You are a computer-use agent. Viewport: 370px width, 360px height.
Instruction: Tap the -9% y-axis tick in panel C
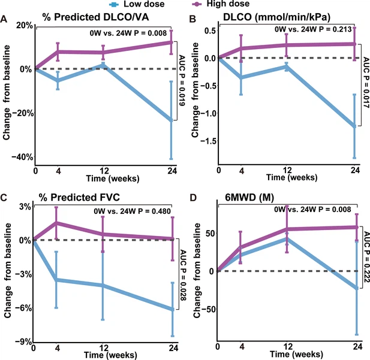point(24,342)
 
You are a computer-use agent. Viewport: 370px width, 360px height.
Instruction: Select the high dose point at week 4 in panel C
point(57,223)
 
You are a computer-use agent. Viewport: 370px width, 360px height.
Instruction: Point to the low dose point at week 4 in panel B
point(242,77)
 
